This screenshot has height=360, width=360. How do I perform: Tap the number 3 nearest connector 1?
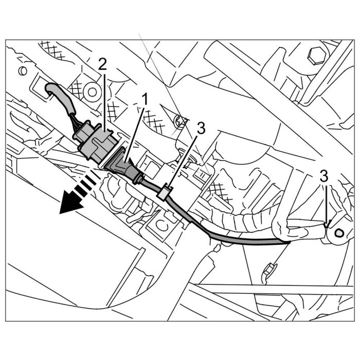(201, 129)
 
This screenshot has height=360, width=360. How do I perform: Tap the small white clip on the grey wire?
(163, 192)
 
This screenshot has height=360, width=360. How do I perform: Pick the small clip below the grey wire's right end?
(267, 268)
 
